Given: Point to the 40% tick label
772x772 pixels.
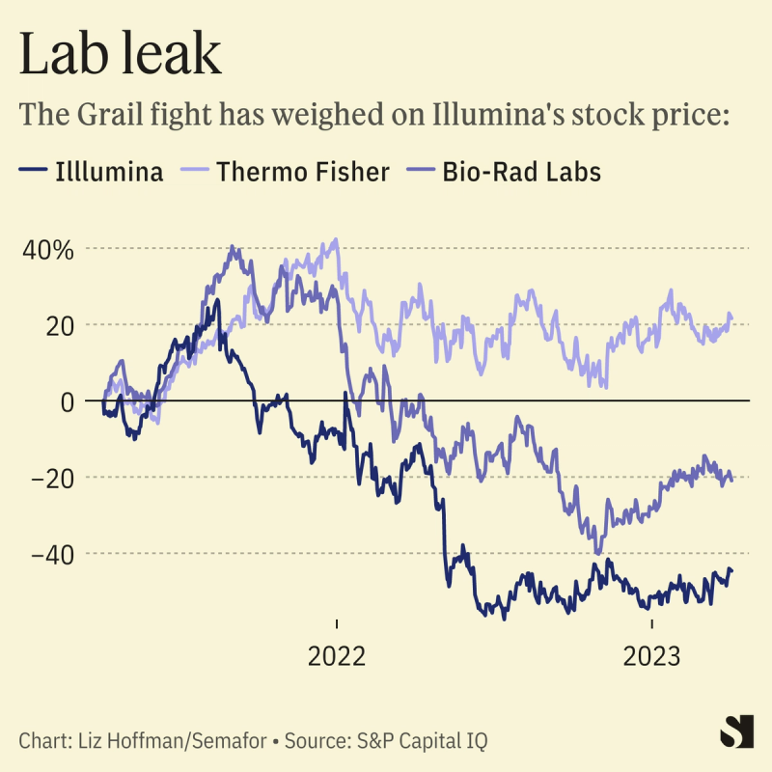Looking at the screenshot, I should [x=48, y=249].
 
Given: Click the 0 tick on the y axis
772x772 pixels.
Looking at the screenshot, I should [x=67, y=400].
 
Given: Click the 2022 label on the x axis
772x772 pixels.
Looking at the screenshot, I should [x=337, y=657].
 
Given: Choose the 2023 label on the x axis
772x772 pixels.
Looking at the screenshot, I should [x=652, y=657].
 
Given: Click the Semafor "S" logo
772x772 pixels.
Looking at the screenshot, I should [x=736, y=731].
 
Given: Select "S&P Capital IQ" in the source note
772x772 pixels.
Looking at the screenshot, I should [x=421, y=741].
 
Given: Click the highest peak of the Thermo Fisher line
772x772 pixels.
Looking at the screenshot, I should [x=335, y=239].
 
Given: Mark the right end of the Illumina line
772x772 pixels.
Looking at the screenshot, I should [x=731, y=569].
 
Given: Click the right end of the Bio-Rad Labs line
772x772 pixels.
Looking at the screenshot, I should [x=731, y=480].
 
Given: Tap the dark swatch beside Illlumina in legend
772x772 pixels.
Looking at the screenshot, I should [x=33, y=173].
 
